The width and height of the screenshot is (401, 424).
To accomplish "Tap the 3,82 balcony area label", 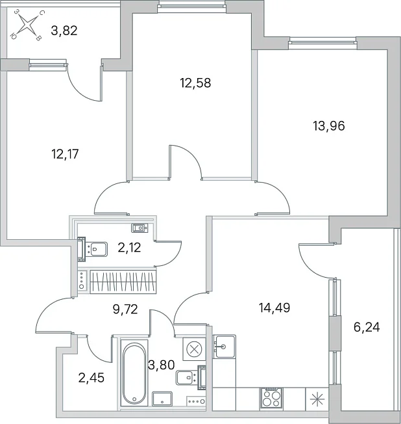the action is (x=64, y=31).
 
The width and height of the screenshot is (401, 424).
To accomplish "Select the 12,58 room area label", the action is (x=195, y=83).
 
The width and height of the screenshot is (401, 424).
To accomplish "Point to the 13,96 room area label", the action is (x=329, y=126).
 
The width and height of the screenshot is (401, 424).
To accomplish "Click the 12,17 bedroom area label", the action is (x=65, y=154).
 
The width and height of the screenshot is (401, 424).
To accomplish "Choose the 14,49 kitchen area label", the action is (x=274, y=308).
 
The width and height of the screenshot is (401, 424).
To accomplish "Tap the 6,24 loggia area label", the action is (x=367, y=327).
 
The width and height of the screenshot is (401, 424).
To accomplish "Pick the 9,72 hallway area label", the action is (x=125, y=309).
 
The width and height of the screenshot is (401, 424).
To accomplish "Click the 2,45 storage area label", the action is (x=91, y=378).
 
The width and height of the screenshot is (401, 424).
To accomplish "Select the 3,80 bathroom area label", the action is (x=162, y=365).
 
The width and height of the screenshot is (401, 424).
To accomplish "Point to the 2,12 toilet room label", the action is (x=129, y=247).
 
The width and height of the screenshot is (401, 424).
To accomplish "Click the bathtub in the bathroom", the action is (x=134, y=373).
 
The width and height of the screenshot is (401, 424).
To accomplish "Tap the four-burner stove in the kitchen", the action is (x=271, y=397).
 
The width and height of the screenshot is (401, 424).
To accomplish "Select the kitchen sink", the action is (x=224, y=347).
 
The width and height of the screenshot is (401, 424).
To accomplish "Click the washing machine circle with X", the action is (x=194, y=349).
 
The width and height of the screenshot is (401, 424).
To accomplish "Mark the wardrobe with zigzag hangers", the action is (x=123, y=282).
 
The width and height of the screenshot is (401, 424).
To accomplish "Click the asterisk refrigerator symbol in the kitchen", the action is (x=317, y=399).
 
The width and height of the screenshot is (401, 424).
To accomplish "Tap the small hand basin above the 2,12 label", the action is (x=140, y=228).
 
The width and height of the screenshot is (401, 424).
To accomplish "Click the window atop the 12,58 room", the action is (x=191, y=7).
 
